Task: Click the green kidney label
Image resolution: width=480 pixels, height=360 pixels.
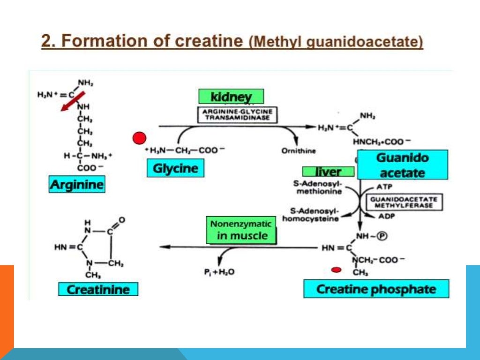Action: (x=231, y=97)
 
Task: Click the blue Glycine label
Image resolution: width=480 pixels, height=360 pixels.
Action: (x=175, y=168)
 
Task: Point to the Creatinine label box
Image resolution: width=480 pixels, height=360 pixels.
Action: (x=98, y=289)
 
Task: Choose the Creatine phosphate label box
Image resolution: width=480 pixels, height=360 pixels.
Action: (x=376, y=289)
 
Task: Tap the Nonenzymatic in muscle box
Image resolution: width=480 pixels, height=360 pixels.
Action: (x=241, y=230)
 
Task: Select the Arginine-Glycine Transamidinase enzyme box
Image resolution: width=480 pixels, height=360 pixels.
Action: (x=236, y=115)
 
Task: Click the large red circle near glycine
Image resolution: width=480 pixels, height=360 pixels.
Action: (x=139, y=139)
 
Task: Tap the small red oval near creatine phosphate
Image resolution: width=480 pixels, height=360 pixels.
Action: (x=336, y=270)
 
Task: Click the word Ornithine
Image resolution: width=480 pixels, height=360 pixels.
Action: (x=298, y=151)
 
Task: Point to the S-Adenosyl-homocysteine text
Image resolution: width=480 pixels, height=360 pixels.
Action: (x=311, y=215)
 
